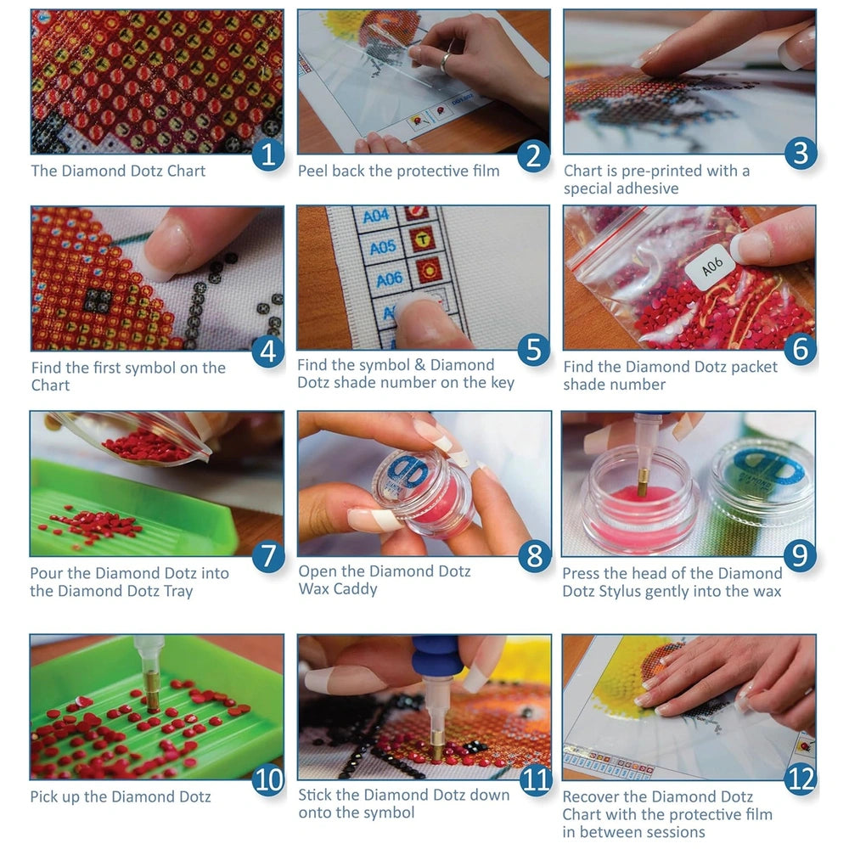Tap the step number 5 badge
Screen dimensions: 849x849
coord(533,349)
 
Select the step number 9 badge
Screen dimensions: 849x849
coord(799,555)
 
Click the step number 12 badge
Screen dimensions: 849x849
coord(800,779)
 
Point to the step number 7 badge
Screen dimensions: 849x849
coord(268,555)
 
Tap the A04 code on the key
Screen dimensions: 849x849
coord(376,216)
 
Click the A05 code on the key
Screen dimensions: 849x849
coord(383,247)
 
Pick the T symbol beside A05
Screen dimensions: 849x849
coord(420,240)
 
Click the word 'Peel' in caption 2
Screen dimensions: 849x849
coord(312,171)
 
